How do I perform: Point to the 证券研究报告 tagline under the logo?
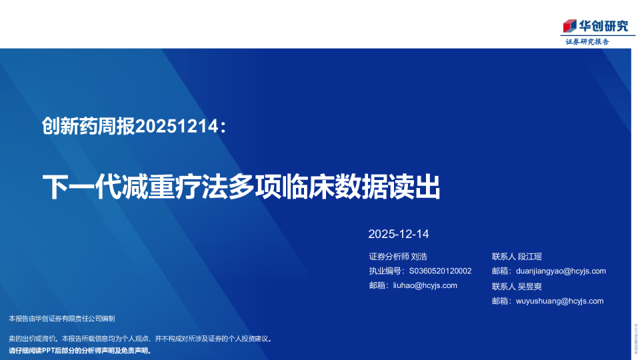587,41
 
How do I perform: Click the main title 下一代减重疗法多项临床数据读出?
241,187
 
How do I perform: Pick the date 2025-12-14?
399,234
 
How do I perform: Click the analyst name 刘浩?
419,257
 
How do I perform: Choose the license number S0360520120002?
440,271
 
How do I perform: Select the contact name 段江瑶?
530,257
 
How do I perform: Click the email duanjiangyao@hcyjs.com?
561,271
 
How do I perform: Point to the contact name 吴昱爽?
530,286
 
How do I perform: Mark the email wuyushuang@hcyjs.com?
559,301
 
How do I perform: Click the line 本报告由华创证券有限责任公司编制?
62,319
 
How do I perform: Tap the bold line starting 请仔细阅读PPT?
80,350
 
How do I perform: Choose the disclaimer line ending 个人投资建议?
140,339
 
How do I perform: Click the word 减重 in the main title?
145,187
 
